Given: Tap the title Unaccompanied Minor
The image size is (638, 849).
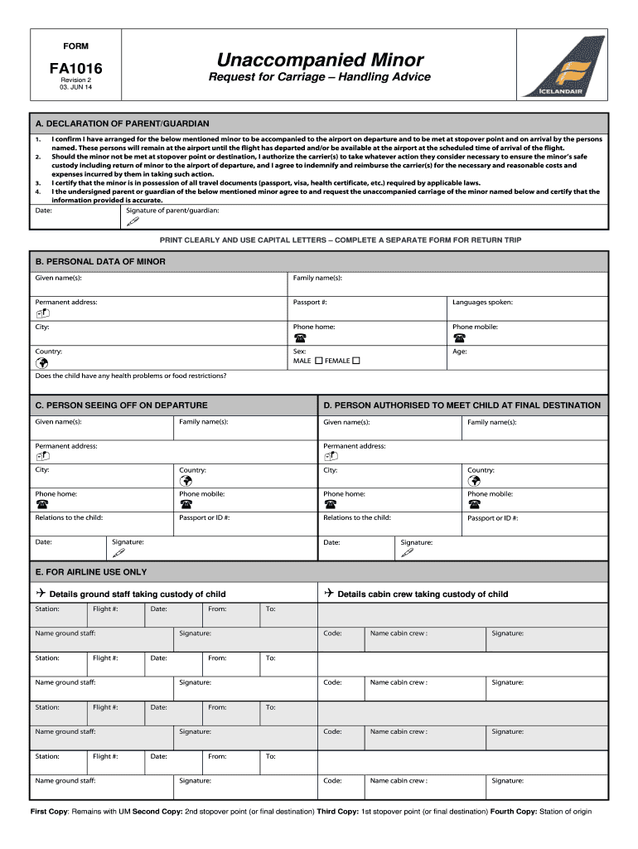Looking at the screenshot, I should pyautogui.click(x=320, y=60).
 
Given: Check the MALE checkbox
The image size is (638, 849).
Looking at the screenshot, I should pyautogui.click(x=319, y=361).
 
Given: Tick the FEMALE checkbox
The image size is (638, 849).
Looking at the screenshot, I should pyautogui.click(x=356, y=361).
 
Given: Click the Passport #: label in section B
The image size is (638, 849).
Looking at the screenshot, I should pyautogui.click(x=310, y=303).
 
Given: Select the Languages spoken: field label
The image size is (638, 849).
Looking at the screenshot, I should pyautogui.click(x=482, y=303).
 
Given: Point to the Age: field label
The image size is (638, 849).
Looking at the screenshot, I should pyautogui.click(x=460, y=352).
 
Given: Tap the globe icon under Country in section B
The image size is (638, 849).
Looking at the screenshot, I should pyautogui.click(x=42, y=362).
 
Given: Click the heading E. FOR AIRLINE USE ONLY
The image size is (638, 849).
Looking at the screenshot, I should pyautogui.click(x=91, y=572).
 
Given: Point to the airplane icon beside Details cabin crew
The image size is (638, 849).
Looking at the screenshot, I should pyautogui.click(x=328, y=594).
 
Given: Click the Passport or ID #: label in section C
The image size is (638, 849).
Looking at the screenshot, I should pyautogui.click(x=205, y=517).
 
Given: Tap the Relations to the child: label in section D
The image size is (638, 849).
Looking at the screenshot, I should pyautogui.click(x=357, y=517).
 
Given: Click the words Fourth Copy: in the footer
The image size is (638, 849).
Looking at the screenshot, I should pyautogui.click(x=514, y=812).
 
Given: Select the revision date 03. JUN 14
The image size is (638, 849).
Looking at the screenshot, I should pyautogui.click(x=70, y=87).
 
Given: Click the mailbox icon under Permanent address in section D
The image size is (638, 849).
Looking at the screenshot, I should pyautogui.click(x=331, y=456).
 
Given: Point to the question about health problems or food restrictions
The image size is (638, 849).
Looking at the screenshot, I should pyautogui.click(x=131, y=376).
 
